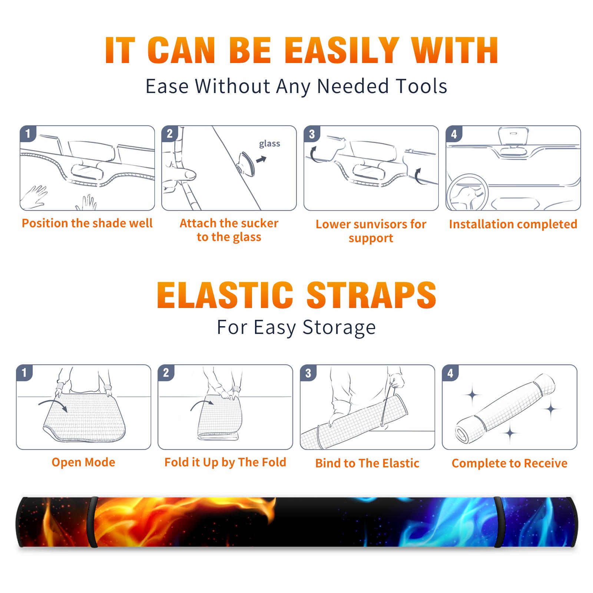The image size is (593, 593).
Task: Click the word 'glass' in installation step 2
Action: pyautogui.click(x=269, y=144)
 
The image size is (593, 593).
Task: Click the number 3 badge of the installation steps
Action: pyautogui.click(x=312, y=134)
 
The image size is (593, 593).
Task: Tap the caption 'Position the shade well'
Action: pyautogui.click(x=87, y=223)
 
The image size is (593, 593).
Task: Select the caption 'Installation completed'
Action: pyautogui.click(x=513, y=224)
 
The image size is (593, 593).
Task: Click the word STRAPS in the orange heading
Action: pyautogui.click(x=371, y=295)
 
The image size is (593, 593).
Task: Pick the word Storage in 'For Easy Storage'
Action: pyautogui.click(x=339, y=328)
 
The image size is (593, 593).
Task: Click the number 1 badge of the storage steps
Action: pyautogui.click(x=24, y=372)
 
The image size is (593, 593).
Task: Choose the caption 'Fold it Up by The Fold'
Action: pyautogui.click(x=225, y=462)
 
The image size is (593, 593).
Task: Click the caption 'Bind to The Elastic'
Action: pyautogui.click(x=367, y=463)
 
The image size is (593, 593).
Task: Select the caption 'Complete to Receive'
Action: pyautogui.click(x=510, y=463)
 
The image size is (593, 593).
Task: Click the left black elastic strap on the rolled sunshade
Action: pyautogui.click(x=93, y=522)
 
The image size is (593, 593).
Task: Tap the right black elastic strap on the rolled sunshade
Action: pyautogui.click(x=499, y=522)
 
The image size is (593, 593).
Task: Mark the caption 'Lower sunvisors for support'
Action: pyautogui.click(x=371, y=231)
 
